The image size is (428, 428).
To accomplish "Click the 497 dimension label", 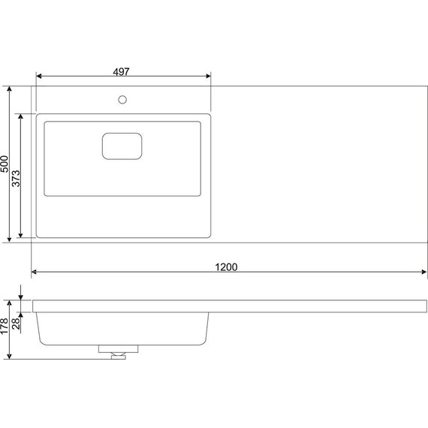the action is (x=121, y=71).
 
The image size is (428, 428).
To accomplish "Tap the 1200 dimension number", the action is (x=226, y=267).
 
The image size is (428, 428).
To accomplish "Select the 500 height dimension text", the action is (x=5, y=164).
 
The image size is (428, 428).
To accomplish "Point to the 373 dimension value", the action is (x=16, y=179).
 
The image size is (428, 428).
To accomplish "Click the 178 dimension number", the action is (x=5, y=326).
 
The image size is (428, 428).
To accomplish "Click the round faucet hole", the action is (x=122, y=100).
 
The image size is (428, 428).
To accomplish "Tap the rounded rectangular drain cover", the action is (x=122, y=146).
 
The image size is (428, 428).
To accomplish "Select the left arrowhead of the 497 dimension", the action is (x=39, y=76).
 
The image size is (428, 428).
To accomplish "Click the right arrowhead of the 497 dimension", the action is (x=208, y=76).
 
